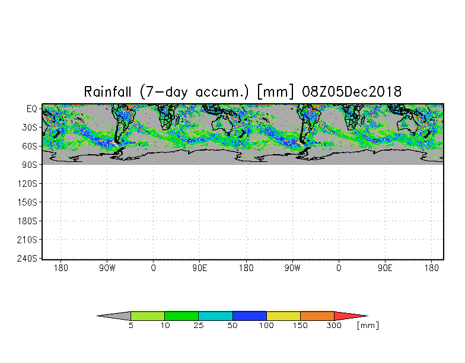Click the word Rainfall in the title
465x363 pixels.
[107, 91]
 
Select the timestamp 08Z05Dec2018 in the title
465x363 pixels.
[352, 91]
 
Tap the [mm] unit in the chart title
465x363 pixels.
[276, 92]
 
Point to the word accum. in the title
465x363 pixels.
[222, 93]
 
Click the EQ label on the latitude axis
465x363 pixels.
[32, 109]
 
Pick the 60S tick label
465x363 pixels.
[30, 146]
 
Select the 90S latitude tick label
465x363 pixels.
[30, 165]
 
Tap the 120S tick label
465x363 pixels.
[27, 184]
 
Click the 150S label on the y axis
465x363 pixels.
[27, 202]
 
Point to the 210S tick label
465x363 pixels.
[27, 240]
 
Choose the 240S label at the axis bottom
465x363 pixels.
[27, 259]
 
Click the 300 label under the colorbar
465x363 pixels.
[334, 325]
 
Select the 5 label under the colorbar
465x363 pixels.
[130, 325]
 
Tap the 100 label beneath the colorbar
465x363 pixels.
[266, 325]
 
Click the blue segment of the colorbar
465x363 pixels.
[249, 316]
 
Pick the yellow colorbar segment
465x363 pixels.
[284, 316]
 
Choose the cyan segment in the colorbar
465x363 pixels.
[215, 316]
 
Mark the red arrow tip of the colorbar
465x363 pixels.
[368, 316]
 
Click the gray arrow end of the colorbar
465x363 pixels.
[97, 316]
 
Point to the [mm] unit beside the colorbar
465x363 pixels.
[368, 325]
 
